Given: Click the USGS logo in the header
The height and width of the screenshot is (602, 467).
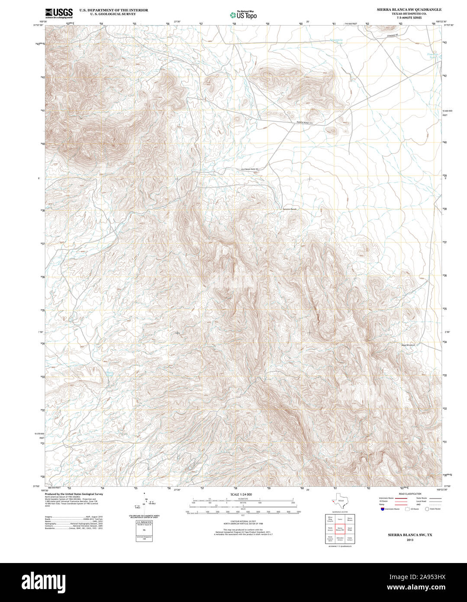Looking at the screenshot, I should (x=59, y=13).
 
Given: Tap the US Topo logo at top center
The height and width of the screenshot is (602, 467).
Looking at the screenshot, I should (x=243, y=14).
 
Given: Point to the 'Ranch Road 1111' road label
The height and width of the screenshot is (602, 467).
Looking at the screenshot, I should (x=304, y=124).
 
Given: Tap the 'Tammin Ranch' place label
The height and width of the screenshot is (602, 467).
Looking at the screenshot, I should (x=290, y=209).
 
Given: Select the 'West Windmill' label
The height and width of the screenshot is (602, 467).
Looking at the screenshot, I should (x=408, y=345).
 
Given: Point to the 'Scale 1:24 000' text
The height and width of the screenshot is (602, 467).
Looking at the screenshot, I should (x=241, y=494).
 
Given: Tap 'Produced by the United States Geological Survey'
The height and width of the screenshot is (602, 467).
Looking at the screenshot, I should (x=74, y=494).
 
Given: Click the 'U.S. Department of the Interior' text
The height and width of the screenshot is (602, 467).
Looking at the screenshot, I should (x=113, y=10).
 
